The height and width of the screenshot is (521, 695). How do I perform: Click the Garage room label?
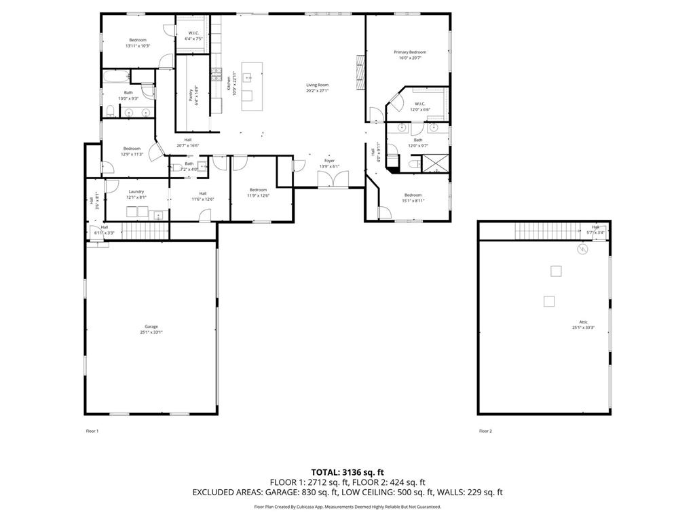tap(151, 326)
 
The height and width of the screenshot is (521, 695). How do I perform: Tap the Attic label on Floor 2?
tap(583, 322)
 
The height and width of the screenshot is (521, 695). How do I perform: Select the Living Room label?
tap(317, 85)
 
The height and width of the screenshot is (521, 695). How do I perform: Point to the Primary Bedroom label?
tap(410, 52)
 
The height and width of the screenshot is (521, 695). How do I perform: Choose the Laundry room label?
tap(136, 192)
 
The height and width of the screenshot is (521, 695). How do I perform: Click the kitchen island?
tap(251, 87)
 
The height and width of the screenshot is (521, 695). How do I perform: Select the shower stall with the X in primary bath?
tap(432, 164)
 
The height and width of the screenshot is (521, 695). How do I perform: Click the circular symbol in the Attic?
tap(582, 250)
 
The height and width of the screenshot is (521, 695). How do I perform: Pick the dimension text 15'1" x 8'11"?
tap(413, 201)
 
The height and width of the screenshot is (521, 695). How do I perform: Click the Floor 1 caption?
tap(92, 431)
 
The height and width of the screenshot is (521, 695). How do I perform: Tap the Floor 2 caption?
tap(485, 431)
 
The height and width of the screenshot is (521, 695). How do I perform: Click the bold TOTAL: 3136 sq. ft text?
tap(347, 471)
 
